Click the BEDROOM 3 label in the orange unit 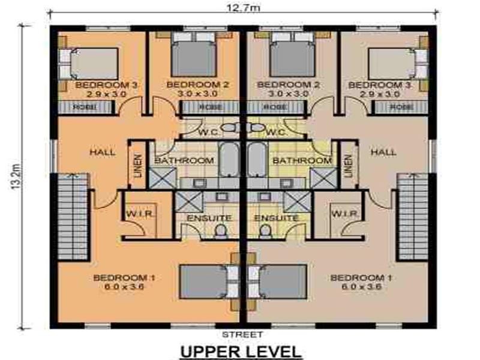[x=107, y=85]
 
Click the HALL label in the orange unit [x=102, y=152]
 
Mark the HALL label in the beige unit [x=383, y=152]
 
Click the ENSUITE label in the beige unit [x=276, y=218]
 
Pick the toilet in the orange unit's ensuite [x=221, y=230]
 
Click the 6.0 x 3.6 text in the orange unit [x=124, y=287]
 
